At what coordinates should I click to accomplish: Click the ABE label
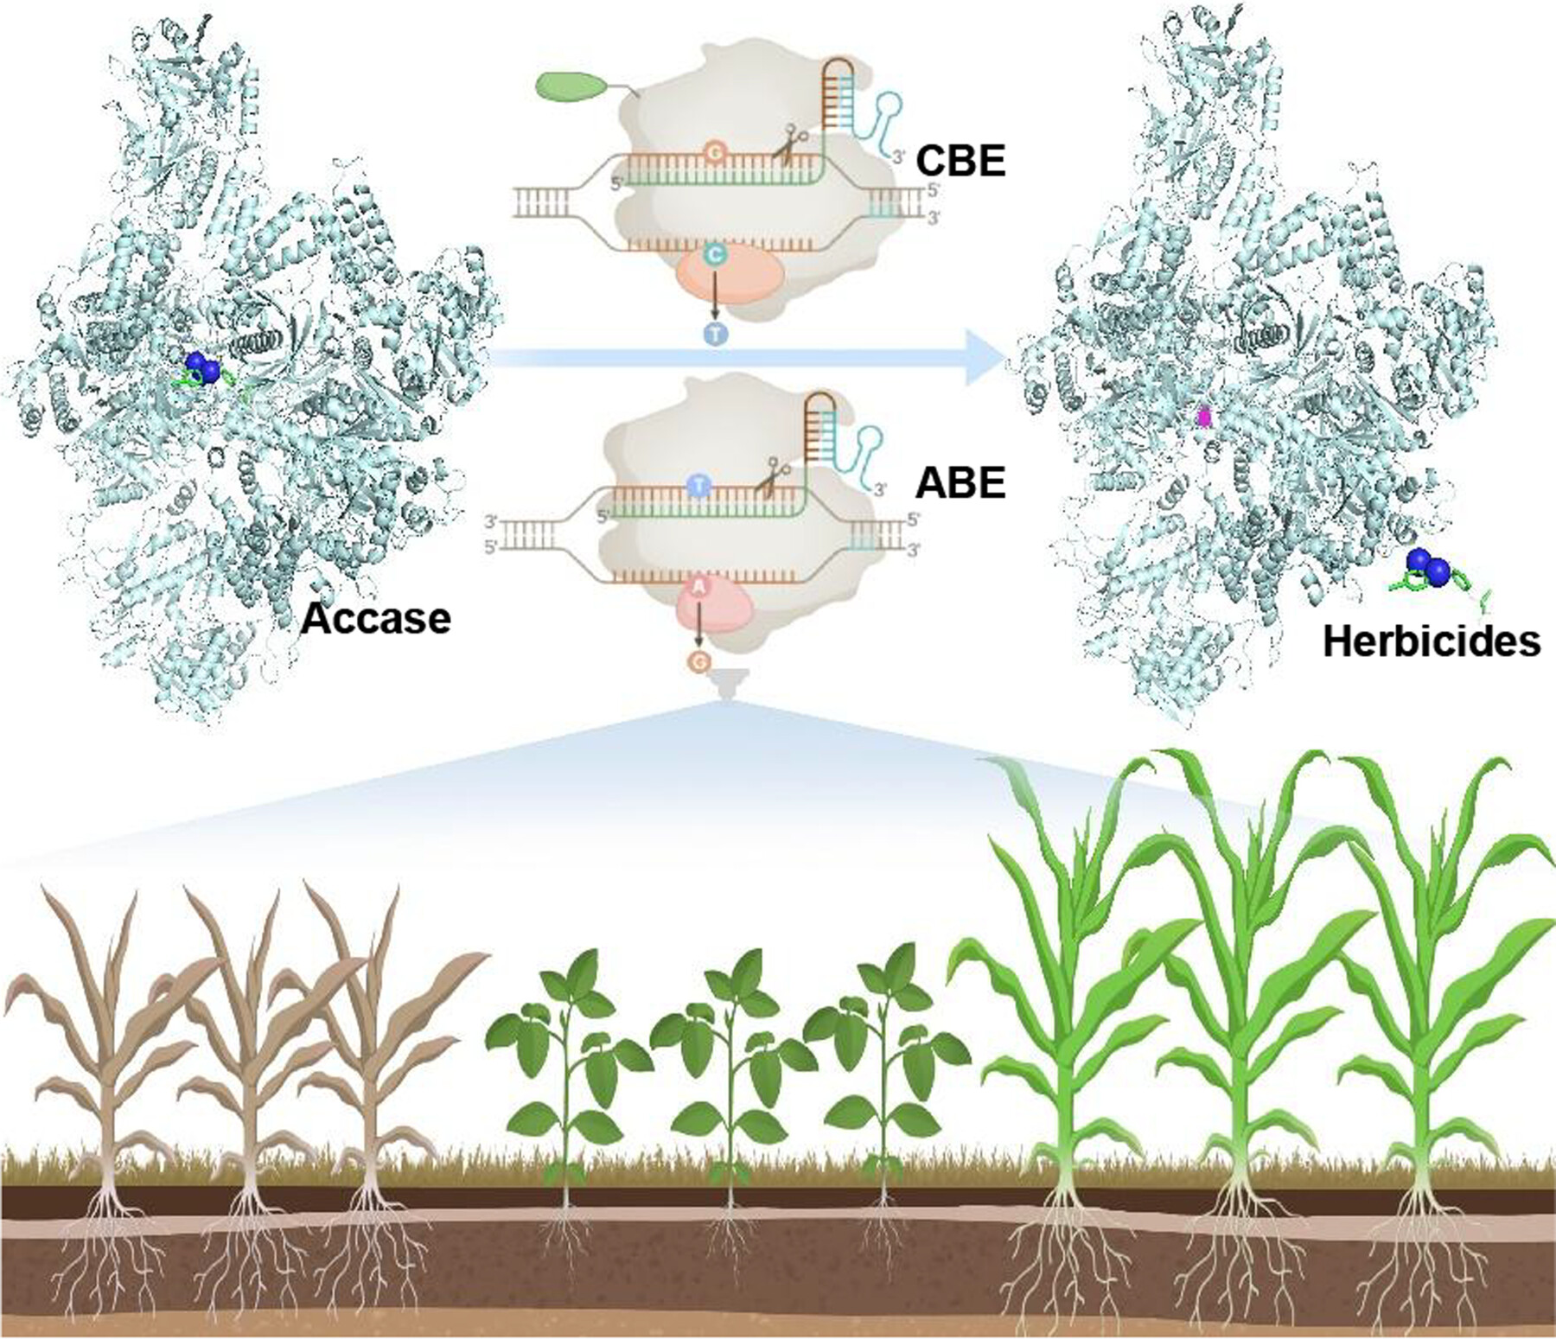point(960,482)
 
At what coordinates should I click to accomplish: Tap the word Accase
point(375,618)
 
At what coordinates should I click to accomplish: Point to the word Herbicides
point(1431,641)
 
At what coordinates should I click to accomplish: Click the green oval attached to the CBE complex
point(570,86)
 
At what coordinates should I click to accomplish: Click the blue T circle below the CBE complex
point(716,335)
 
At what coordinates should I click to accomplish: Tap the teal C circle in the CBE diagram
point(715,254)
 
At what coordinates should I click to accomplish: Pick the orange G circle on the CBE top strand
point(714,153)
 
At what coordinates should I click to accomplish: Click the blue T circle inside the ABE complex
point(698,486)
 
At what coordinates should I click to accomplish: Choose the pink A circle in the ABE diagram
point(698,588)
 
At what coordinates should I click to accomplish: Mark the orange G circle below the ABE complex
point(698,662)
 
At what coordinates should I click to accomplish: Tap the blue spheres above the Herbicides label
point(1428,567)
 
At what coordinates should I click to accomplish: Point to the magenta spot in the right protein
point(1202,418)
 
